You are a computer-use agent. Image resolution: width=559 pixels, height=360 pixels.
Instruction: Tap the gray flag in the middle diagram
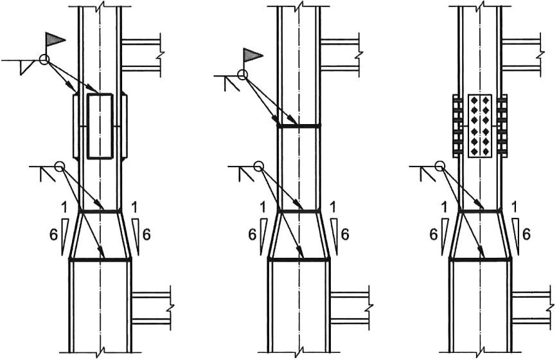pyautogui.click(x=252, y=55)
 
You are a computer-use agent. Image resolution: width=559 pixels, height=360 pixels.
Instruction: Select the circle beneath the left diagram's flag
pyautogui.click(x=44, y=60)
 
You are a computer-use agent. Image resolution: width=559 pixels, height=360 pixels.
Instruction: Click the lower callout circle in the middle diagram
pyautogui.click(x=259, y=166)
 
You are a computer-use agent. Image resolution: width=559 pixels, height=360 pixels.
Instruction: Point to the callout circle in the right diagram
pyautogui.click(x=440, y=166)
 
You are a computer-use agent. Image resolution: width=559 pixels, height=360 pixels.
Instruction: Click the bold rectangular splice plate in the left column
pyautogui.click(x=100, y=125)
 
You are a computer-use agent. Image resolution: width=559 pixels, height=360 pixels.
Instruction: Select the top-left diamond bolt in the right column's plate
pyautogui.click(x=475, y=100)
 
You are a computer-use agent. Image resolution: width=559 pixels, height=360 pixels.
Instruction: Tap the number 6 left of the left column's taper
pyautogui.click(x=53, y=235)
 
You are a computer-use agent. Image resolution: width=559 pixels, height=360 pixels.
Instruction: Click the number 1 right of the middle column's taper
pyautogui.click(x=333, y=207)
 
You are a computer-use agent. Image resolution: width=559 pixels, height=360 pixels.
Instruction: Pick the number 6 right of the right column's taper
pyautogui.click(x=527, y=235)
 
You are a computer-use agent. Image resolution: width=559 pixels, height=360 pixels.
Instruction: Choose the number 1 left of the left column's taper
pyautogui.click(x=64, y=207)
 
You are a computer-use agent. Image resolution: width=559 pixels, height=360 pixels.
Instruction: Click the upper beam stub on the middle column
pyautogui.click(x=339, y=55)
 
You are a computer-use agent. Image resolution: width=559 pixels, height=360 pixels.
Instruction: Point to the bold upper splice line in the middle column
pyautogui.click(x=299, y=126)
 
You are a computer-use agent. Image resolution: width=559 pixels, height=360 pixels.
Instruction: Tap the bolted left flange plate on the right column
pyautogui.click(x=457, y=126)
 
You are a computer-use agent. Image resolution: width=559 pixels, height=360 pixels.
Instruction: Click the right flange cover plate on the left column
pyautogui.click(x=125, y=126)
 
